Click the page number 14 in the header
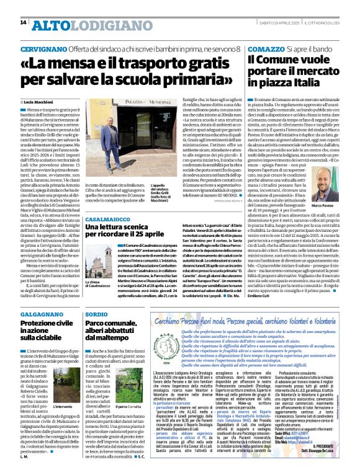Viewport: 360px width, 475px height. pos(24,23)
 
